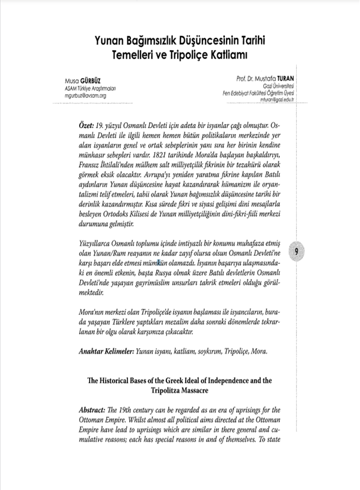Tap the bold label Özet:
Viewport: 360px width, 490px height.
tap(89, 126)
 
